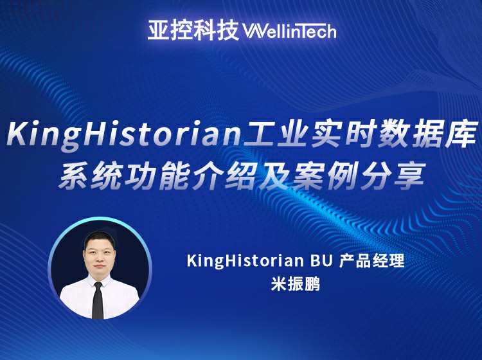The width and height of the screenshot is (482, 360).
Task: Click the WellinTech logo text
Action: [289, 30]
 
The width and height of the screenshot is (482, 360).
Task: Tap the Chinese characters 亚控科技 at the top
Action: [193, 30]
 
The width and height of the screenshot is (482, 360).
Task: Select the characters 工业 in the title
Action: [274, 134]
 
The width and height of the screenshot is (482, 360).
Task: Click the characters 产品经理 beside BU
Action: [371, 261]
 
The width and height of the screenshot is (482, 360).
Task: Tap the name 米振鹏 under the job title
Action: [296, 284]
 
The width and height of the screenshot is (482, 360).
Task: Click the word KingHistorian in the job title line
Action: [245, 262]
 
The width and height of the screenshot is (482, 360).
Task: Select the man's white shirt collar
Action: [99, 280]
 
